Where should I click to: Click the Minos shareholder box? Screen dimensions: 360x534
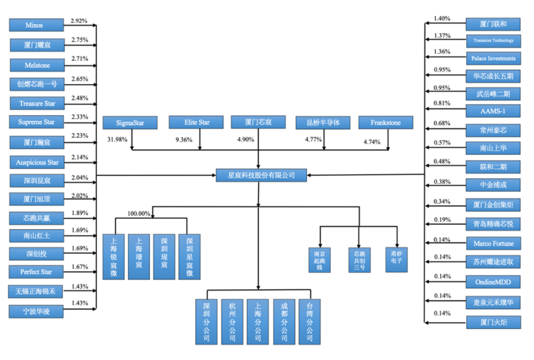coord(34,25)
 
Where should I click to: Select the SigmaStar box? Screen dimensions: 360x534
coord(128,123)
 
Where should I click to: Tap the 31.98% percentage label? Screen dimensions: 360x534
coord(117,139)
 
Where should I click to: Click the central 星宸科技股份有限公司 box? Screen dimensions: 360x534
coord(256,174)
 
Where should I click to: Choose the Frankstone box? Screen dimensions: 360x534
coord(385,123)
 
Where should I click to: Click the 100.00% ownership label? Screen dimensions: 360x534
coord(139,213)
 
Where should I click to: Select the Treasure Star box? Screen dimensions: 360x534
coord(34,104)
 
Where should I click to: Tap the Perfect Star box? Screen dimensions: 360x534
coord(34,272)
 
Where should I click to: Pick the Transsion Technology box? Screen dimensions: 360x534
coord(494,40)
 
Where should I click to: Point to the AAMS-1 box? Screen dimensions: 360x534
coord(494,110)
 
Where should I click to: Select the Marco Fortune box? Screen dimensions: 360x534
coord(494,243)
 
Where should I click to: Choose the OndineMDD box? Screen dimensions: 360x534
coord(494,281)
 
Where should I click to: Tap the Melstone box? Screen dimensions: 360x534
coord(34,65)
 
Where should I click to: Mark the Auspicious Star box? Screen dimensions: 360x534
coord(34,161)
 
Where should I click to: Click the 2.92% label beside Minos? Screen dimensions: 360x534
coord(79,22)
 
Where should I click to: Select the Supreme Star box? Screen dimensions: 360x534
coord(34,123)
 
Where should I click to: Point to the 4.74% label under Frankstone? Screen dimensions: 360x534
coord(371,141)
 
